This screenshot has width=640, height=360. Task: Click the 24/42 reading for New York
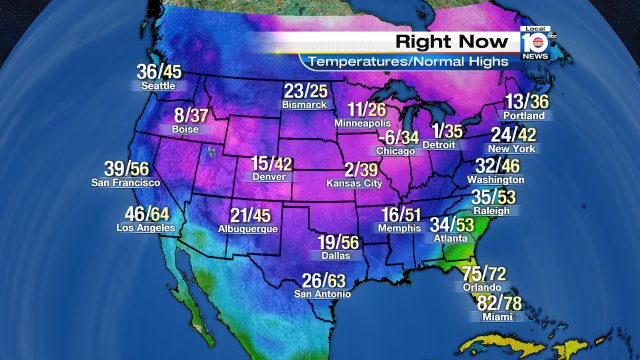pos(513,135)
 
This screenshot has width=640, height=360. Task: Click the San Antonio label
pos(323,294)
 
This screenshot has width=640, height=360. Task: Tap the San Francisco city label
pos(126,183)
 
